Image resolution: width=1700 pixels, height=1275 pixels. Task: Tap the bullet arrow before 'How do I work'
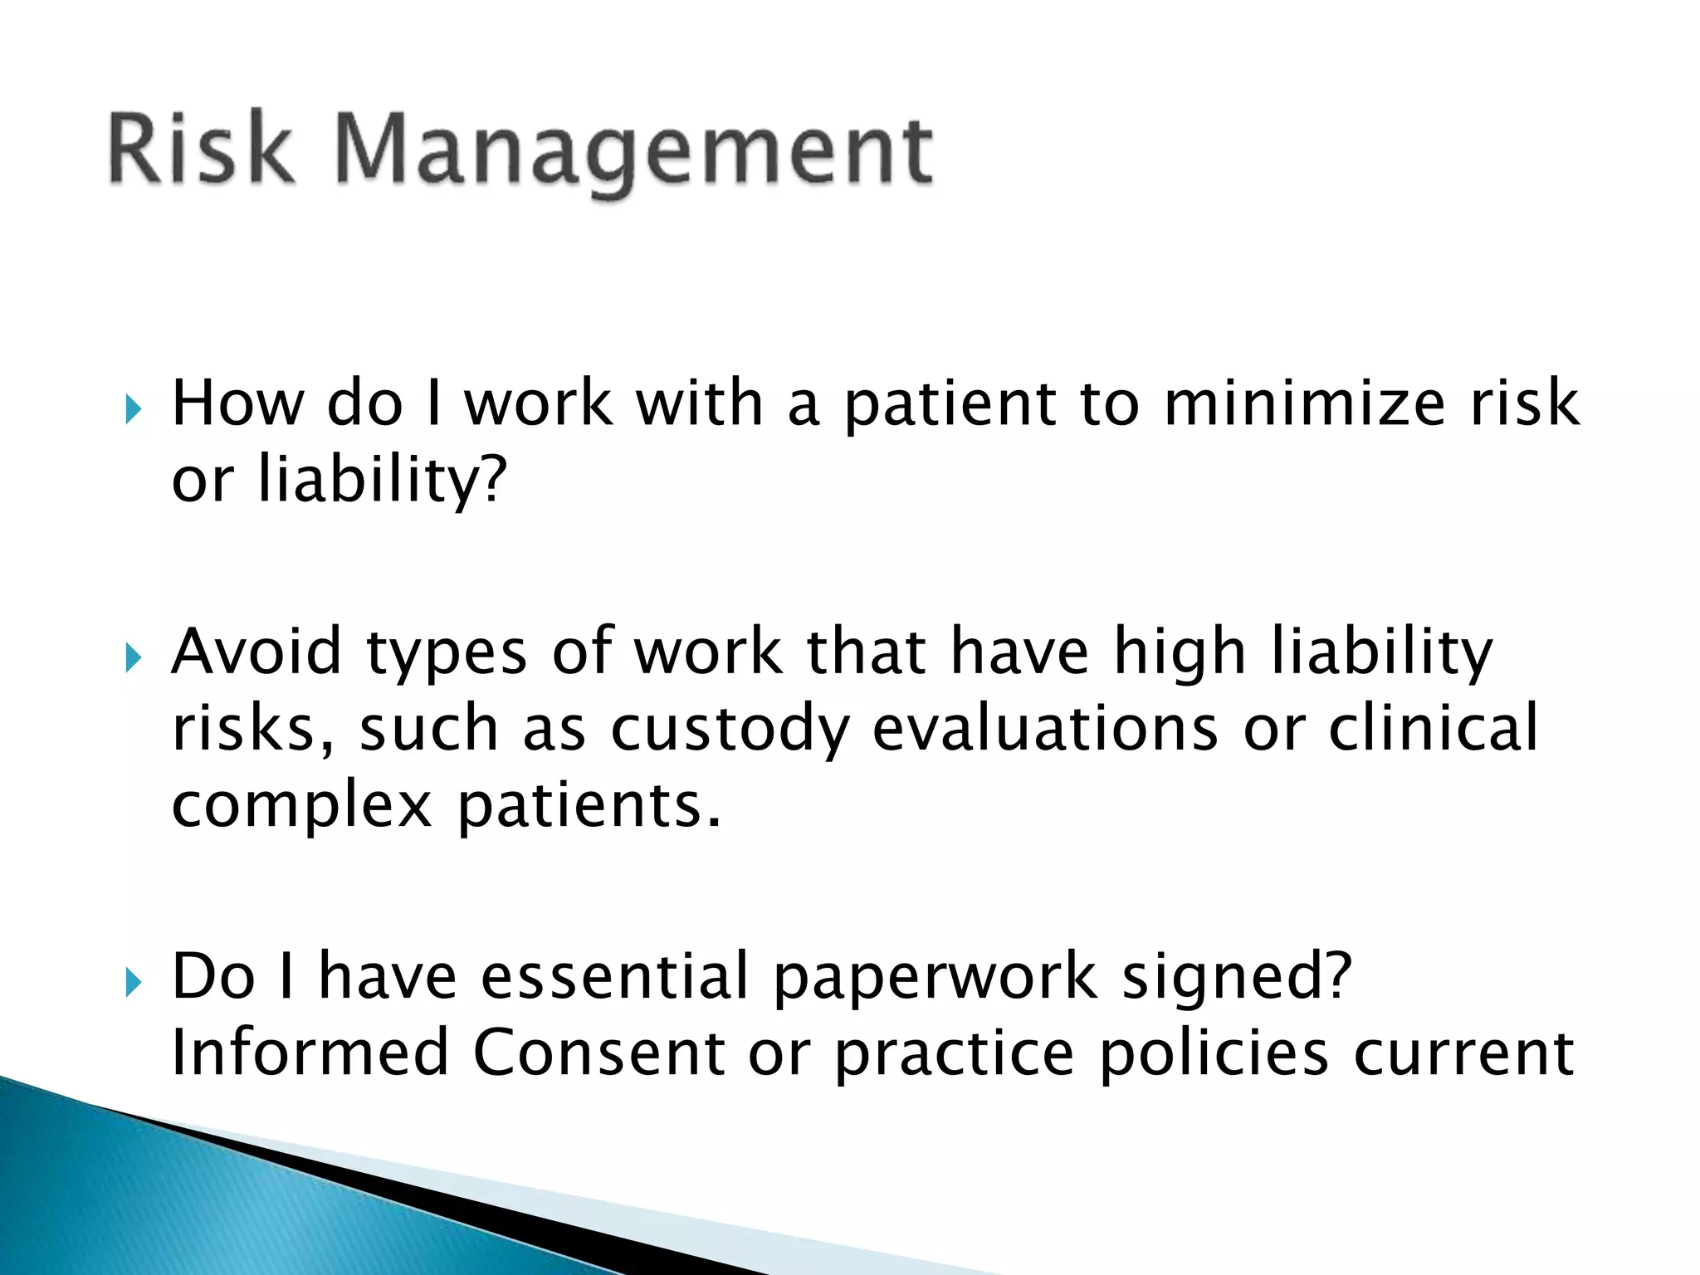[134, 408]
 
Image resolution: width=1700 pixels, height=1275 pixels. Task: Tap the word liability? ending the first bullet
[381, 481]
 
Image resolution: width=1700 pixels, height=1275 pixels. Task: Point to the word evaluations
[1046, 728]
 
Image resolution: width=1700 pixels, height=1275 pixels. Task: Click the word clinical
[1434, 728]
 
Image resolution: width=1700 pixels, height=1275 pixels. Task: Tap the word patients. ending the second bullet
[589, 807]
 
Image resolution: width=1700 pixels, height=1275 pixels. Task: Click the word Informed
[310, 1053]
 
